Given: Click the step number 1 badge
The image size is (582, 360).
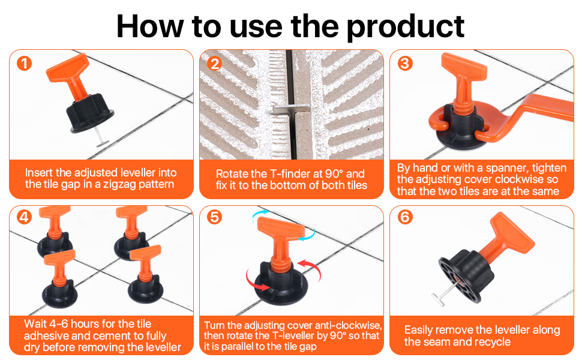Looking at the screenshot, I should [24, 63].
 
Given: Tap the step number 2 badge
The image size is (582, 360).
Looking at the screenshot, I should [215, 63].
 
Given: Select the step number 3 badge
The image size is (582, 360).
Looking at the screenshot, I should [405, 63].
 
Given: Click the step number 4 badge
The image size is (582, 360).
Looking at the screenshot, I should [24, 217].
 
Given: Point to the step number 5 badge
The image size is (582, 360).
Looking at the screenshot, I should [215, 217].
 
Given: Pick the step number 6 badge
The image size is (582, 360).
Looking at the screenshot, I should [405, 217].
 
